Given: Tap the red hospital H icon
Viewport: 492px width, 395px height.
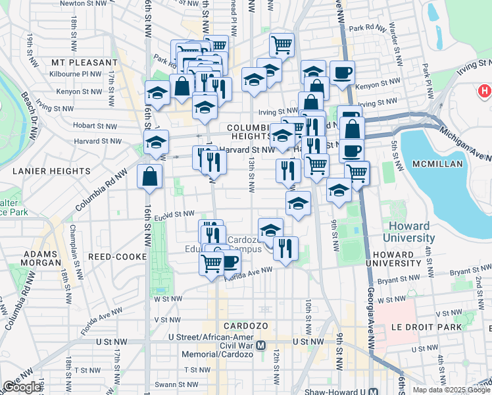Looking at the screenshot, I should [485, 91].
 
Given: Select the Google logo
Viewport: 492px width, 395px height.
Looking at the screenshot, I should [22, 387].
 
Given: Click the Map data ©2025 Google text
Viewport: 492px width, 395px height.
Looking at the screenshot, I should [451, 390].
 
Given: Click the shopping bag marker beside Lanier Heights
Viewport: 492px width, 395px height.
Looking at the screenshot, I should [150, 176].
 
